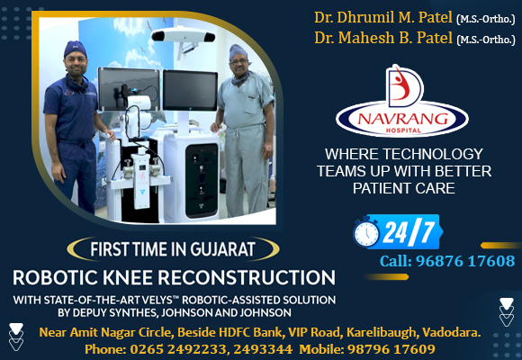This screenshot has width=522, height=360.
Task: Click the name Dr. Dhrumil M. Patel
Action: (x=383, y=18)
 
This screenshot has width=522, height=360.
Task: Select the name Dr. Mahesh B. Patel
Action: (x=383, y=38)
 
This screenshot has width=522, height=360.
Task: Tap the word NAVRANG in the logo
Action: (x=403, y=119)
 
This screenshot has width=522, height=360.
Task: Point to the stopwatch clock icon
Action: (x=366, y=231)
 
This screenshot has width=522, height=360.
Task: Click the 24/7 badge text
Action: (x=409, y=232)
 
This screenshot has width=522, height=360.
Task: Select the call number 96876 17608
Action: (x=465, y=261)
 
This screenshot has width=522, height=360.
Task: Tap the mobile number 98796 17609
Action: (x=391, y=349)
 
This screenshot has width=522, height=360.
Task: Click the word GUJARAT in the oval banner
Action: (x=222, y=249)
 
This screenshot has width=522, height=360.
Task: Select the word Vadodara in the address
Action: (x=452, y=332)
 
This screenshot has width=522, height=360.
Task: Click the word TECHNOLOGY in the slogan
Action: (x=433, y=154)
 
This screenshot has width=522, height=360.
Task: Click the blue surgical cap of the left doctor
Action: (x=76, y=49)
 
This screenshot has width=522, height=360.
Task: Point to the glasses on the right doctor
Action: (x=238, y=62)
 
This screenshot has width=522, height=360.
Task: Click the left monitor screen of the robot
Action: (x=129, y=89)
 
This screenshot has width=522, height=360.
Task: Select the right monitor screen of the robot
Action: (x=190, y=90)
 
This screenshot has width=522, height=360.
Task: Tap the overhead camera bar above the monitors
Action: (x=183, y=34)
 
